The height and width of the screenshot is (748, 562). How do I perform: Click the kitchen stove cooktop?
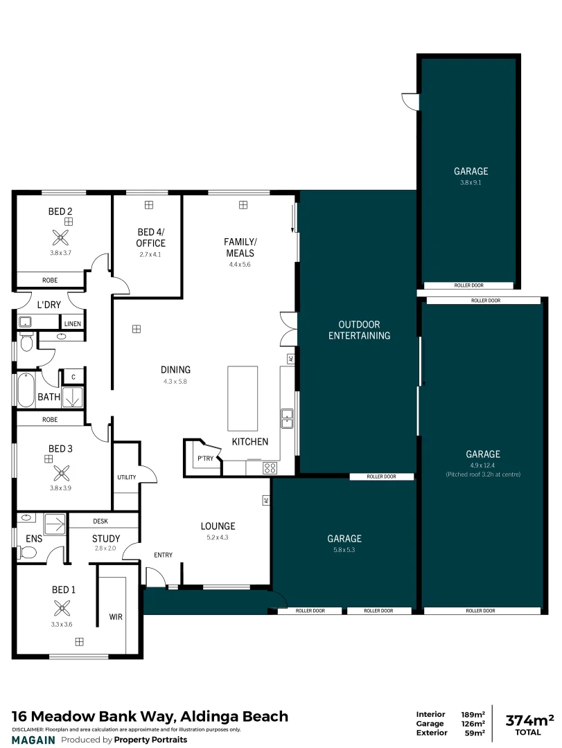click(270, 468)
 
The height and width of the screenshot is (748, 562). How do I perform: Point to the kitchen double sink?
click(287, 418)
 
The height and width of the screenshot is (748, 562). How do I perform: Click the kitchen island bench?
click(243, 398)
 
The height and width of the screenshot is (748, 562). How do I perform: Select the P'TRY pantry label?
click(204, 458)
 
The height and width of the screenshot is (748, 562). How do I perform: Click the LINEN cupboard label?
click(72, 323)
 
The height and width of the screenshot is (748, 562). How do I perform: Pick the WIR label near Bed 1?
click(116, 616)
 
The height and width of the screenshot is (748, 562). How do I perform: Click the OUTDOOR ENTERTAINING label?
click(359, 330)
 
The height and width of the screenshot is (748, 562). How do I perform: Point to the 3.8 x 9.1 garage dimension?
click(471, 183)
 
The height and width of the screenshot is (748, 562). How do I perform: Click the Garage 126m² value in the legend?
click(473, 724)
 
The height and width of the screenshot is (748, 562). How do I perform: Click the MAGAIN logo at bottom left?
click(33, 740)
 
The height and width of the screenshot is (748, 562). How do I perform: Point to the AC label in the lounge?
click(265, 499)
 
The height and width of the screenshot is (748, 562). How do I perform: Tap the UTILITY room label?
click(126, 478)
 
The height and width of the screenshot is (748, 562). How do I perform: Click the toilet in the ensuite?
click(28, 552)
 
